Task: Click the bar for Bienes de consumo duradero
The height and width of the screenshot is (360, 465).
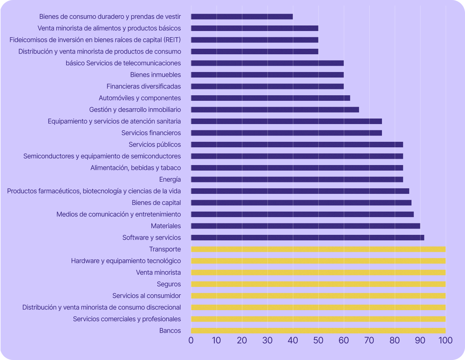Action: click(x=242, y=17)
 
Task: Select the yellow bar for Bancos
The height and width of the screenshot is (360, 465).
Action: click(x=318, y=331)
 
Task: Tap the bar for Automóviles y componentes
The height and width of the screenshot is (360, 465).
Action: click(x=271, y=98)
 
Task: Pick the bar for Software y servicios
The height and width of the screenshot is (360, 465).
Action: click(x=307, y=238)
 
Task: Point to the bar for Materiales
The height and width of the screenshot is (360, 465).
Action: click(x=306, y=226)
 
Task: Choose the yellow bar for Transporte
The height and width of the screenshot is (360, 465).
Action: click(x=318, y=249)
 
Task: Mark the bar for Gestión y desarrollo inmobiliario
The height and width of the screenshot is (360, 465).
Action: click(x=275, y=110)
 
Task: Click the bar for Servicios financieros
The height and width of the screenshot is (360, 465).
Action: click(x=286, y=133)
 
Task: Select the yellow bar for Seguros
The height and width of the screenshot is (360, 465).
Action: click(x=318, y=284)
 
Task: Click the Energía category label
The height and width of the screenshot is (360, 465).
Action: click(x=170, y=179)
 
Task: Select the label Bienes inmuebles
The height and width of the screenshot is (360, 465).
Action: click(x=155, y=75)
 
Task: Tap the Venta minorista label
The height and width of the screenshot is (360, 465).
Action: click(x=158, y=272)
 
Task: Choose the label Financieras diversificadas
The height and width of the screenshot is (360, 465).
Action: click(x=144, y=86)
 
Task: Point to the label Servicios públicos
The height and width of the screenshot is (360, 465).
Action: click(x=155, y=144)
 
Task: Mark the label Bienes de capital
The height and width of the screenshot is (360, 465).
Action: click(x=156, y=203)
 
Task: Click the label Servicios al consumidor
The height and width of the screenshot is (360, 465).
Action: click(x=147, y=296)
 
